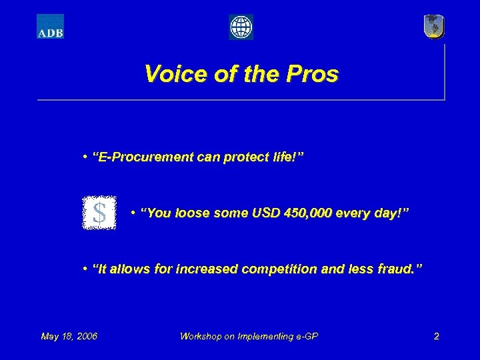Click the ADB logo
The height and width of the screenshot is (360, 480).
[50, 27]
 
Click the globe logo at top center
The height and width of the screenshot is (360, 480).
[241, 27]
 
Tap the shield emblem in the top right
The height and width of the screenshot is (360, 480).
[434, 27]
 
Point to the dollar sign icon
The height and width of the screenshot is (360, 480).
[99, 213]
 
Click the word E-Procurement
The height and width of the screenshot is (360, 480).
[143, 158]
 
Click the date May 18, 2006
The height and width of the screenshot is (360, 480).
[69, 336]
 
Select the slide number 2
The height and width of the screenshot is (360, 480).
[436, 336]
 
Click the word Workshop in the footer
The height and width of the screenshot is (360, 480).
[203, 336]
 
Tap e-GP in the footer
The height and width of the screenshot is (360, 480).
[305, 336]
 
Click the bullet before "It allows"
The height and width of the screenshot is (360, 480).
[86, 269]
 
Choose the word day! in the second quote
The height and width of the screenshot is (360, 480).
[395, 213]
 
